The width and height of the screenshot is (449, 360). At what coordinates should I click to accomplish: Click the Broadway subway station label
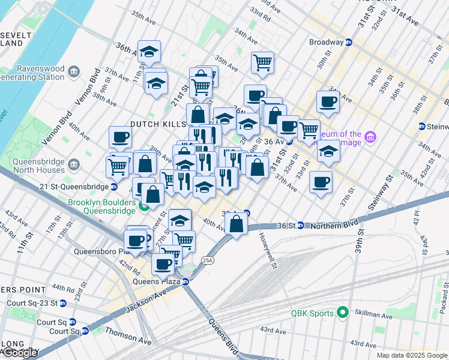[326, 43]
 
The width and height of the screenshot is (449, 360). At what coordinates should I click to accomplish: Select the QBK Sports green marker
[343, 313]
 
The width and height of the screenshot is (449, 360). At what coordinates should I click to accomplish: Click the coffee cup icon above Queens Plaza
[163, 263]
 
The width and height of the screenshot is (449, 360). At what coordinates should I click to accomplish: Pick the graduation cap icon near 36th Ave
[149, 52]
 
